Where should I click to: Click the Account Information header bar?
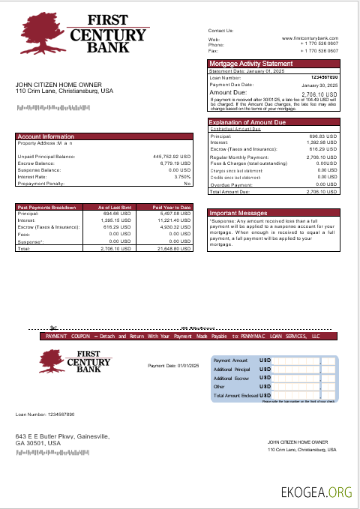coord(46,136)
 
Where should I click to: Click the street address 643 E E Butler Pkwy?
coord(63,436)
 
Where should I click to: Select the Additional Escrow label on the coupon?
coord(231,379)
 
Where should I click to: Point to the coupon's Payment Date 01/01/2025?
coord(173,365)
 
